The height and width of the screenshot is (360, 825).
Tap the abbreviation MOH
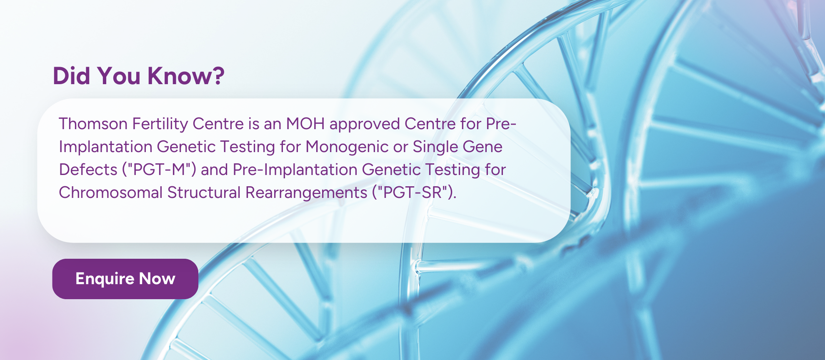(x=305, y=124)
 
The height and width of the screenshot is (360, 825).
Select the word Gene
(x=482, y=147)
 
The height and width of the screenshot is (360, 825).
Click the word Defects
(x=88, y=170)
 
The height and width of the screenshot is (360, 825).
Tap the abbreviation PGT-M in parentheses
(x=159, y=170)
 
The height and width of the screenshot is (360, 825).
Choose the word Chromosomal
(x=110, y=192)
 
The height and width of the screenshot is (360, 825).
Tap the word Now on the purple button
(x=157, y=279)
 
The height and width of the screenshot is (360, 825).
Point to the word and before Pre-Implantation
(x=214, y=170)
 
